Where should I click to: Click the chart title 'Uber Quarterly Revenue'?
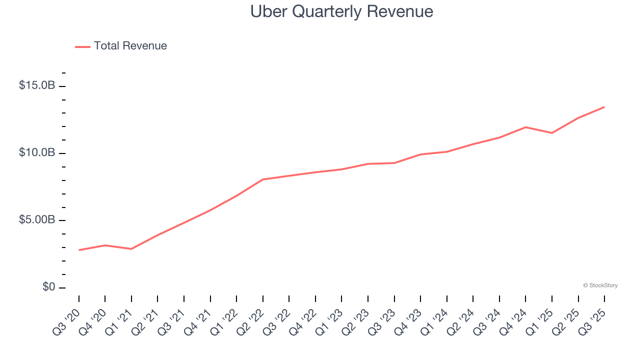341,11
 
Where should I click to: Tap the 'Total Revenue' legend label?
130,46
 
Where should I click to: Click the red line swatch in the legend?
82,46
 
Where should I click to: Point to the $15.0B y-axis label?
37,85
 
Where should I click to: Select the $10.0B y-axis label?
37,152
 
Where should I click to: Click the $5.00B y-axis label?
37,220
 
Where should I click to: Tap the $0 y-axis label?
48,287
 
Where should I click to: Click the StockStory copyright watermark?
600,285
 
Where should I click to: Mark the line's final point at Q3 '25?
604,107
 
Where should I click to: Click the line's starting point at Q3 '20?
79,250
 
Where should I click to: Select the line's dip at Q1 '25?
551,133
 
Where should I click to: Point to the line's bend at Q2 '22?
263,179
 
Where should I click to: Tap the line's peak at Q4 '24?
525,127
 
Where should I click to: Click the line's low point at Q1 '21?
131,248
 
